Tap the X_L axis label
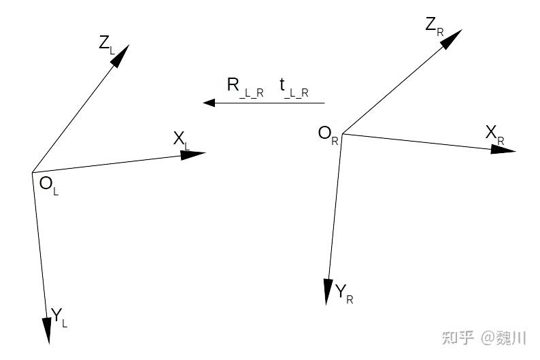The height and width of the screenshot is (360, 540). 182,140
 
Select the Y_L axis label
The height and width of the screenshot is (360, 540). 59,316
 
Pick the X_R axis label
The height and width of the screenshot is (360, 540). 494,134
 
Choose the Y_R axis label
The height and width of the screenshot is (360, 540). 344,294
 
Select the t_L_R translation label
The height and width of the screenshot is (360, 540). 293,87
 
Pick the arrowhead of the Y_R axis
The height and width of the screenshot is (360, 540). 328,292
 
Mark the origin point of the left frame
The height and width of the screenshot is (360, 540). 32,172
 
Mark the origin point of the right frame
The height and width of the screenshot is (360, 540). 342,133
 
